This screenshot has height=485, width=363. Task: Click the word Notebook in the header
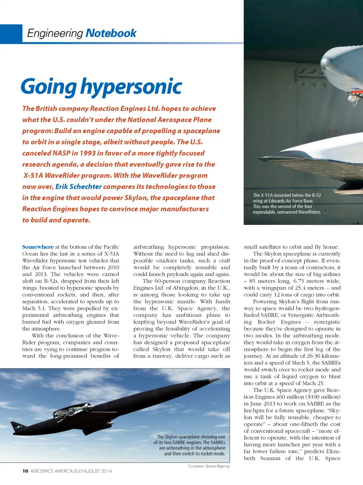coord(111,33)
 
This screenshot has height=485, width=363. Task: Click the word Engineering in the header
coord(55,34)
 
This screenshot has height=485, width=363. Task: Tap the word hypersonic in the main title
coord(131,87)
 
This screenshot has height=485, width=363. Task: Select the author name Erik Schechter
coord(78,187)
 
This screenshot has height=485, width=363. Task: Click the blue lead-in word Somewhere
coord(38,247)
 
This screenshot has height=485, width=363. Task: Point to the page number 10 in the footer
coord(25,471)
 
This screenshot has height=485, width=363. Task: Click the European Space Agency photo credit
coord(209,466)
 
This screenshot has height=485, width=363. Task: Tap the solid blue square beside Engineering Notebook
coord(11,34)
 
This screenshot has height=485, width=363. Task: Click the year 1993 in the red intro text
coord(87,153)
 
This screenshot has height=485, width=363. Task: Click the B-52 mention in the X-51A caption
coord(313,195)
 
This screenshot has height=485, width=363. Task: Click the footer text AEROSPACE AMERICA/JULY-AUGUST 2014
coord(71,471)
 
